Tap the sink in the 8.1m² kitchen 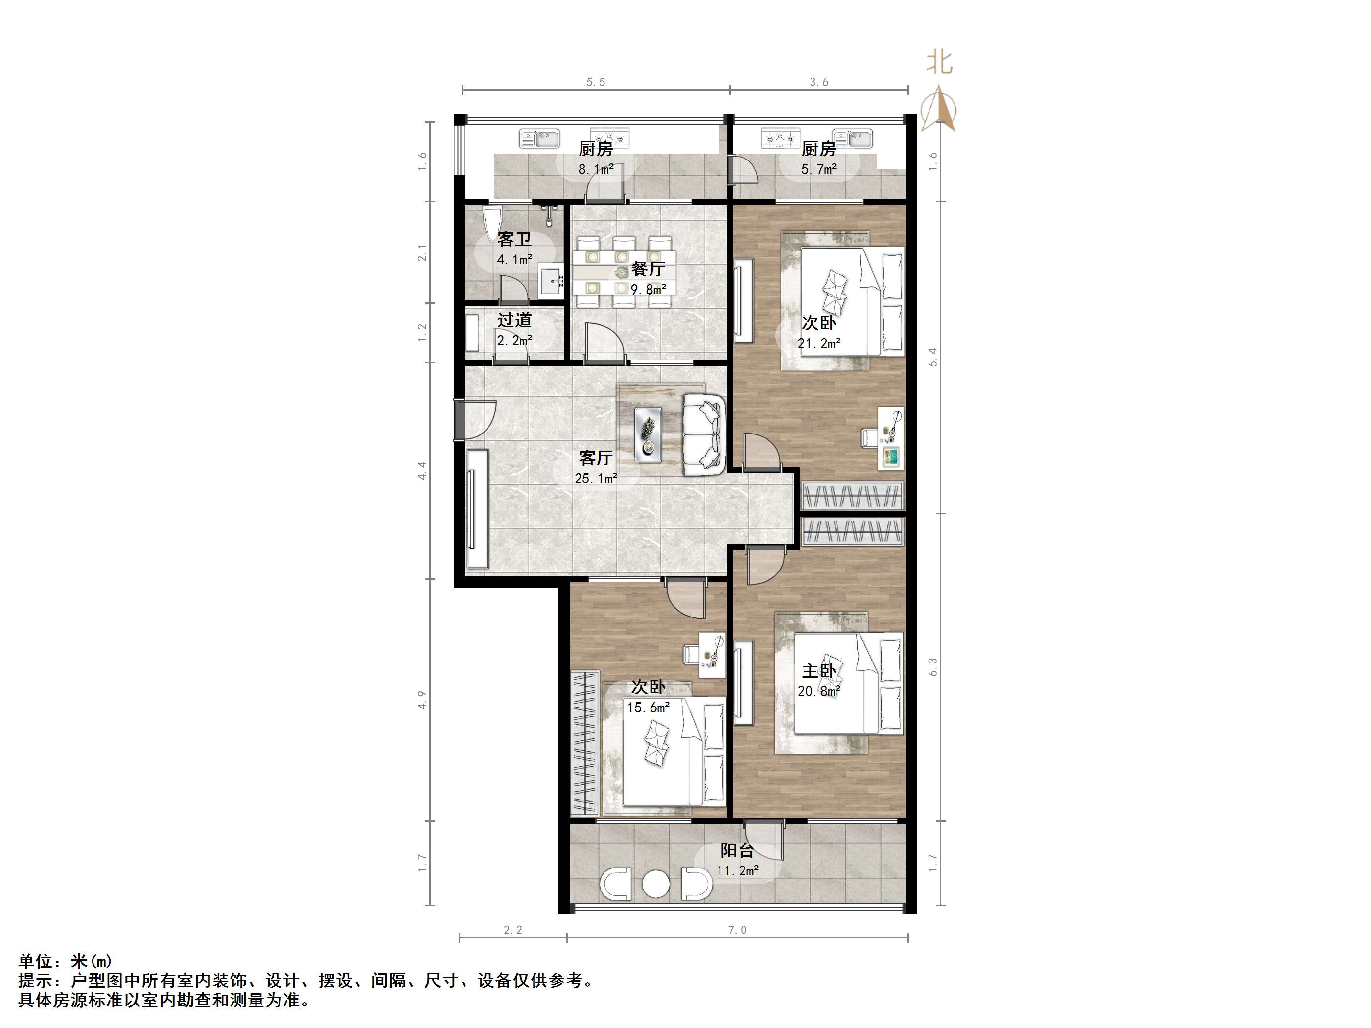tap(539, 139)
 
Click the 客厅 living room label tap(596, 458)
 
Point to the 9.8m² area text tap(649, 289)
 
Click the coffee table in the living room tap(649, 431)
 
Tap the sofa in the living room tap(704, 434)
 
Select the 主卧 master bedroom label tap(819, 670)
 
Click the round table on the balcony tap(656, 884)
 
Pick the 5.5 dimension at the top tap(596, 82)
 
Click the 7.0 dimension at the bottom tap(738, 930)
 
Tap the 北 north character tap(939, 63)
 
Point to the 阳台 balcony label tap(737, 850)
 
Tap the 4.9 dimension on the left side tap(422, 700)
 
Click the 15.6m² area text tap(649, 707)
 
